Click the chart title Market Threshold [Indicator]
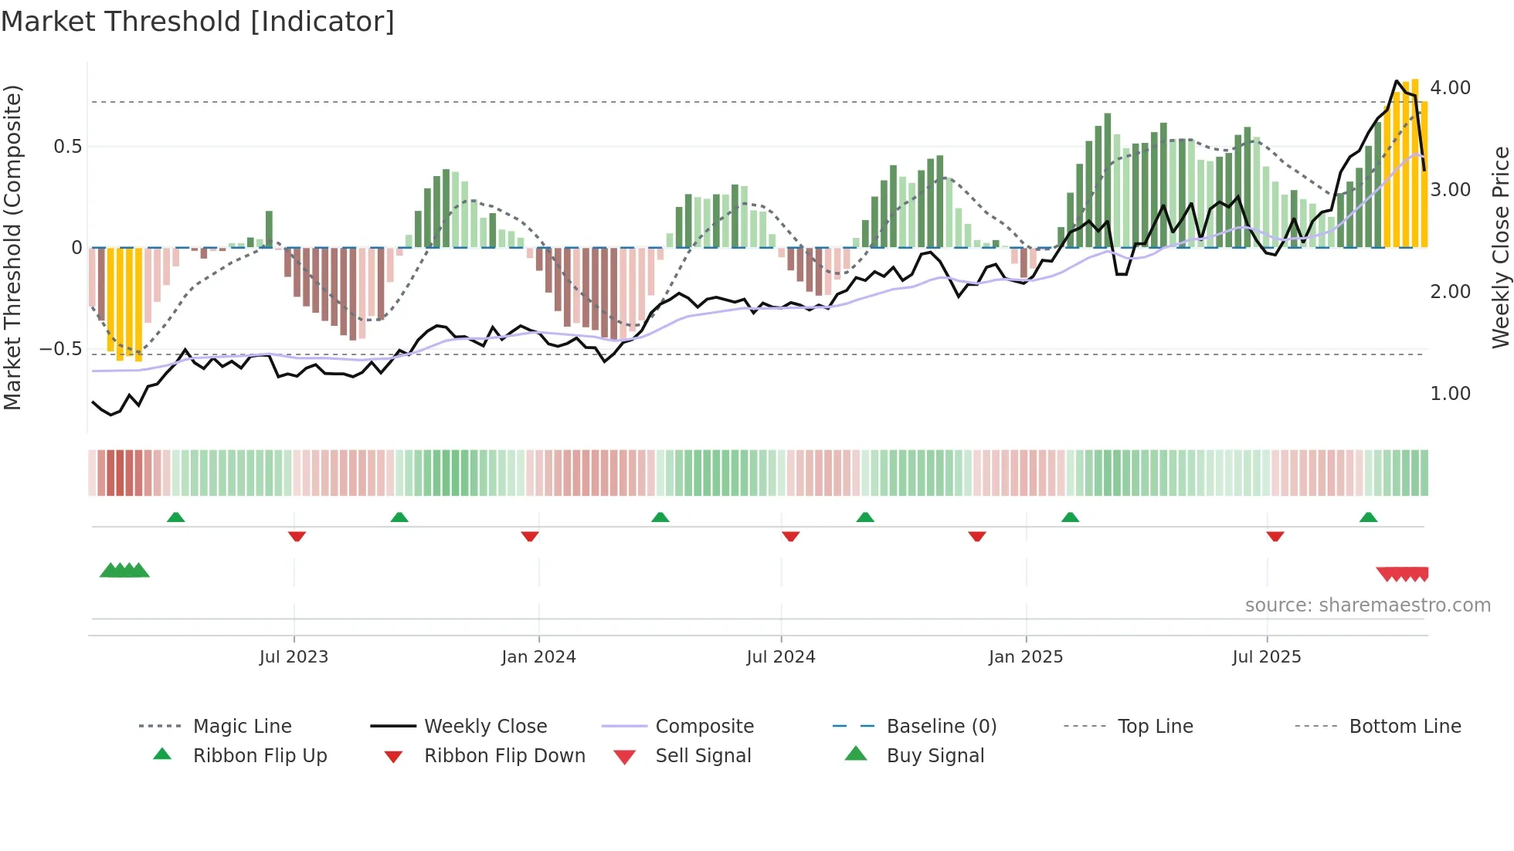(x=198, y=22)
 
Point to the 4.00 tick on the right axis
(x=1450, y=88)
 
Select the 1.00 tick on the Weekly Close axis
(x=1450, y=394)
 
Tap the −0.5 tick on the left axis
(x=60, y=349)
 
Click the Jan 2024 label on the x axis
(x=538, y=657)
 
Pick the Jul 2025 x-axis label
(x=1266, y=657)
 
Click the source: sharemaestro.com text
(x=1367, y=605)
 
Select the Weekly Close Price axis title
(x=1500, y=247)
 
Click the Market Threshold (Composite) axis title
(x=12, y=247)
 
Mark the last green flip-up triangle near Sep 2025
(x=1368, y=517)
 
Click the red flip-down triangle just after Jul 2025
(x=1275, y=536)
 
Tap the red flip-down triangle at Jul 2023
(x=297, y=536)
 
